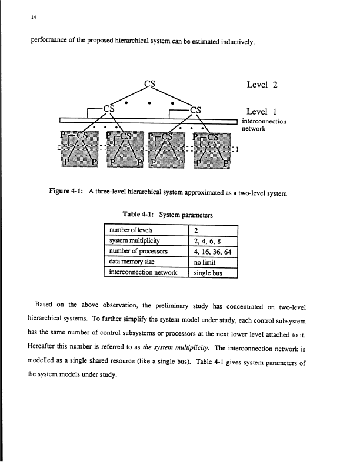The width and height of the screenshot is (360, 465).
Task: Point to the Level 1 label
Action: click(262, 111)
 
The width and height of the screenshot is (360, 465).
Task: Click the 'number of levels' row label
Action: click(128, 230)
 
